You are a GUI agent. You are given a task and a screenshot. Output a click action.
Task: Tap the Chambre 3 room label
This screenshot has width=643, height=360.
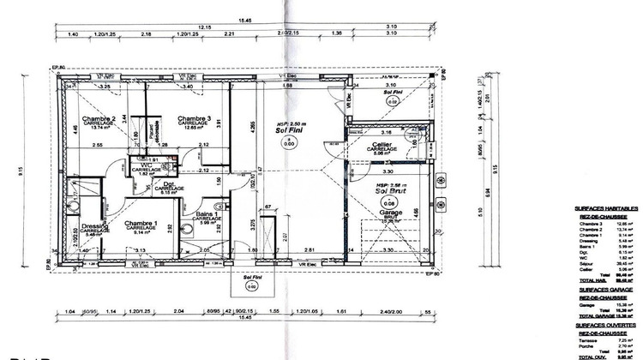[x=195, y=118]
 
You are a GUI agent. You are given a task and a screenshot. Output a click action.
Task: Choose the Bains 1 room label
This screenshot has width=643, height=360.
[x=204, y=215]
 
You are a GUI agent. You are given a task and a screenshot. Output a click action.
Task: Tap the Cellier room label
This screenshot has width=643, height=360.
[x=382, y=144]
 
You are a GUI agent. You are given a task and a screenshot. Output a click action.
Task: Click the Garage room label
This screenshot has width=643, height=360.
[x=391, y=212]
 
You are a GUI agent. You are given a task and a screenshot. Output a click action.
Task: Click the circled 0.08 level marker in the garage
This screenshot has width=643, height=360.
[x=391, y=202]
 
